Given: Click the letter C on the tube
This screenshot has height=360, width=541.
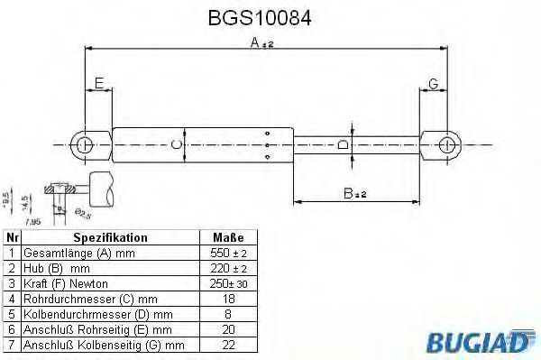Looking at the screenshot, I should (x=177, y=144).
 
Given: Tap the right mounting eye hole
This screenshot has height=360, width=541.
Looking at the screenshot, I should (x=446, y=144).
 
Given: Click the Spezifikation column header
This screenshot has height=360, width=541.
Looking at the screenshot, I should (x=110, y=237).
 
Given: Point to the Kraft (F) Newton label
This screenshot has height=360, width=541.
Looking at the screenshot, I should (x=67, y=284).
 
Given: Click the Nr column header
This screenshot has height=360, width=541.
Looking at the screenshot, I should (x=11, y=237).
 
